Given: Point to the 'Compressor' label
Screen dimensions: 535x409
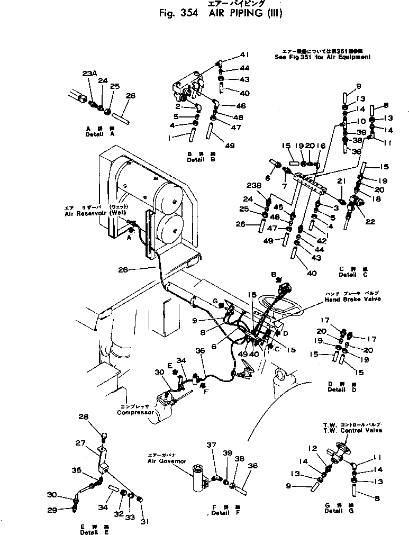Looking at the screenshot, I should (135, 412).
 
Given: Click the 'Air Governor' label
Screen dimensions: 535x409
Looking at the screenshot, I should (167, 461).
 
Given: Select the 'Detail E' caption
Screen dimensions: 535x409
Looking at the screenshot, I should (92, 532).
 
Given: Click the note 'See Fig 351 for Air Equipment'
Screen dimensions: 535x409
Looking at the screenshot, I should (323, 57).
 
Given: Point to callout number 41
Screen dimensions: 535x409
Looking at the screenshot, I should (244, 55).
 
